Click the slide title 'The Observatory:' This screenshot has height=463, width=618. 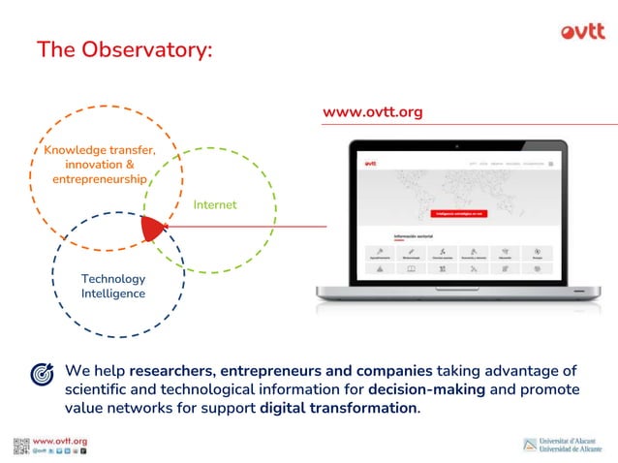pos(124,49)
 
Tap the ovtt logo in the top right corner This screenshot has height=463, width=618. pos(582,31)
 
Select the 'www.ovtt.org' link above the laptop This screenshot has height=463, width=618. pos(373,112)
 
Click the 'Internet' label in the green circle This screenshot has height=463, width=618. pos(214,204)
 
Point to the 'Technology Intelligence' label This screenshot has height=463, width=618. pos(113,286)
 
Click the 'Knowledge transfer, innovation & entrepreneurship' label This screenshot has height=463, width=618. pos(100,165)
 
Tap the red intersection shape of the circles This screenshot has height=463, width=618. pos(152,228)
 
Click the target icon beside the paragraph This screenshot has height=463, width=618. pos(42,373)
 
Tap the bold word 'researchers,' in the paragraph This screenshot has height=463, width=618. pos(171,371)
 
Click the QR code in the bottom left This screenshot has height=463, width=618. pos(21,446)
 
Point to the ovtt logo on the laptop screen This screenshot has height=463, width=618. pos(370,164)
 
